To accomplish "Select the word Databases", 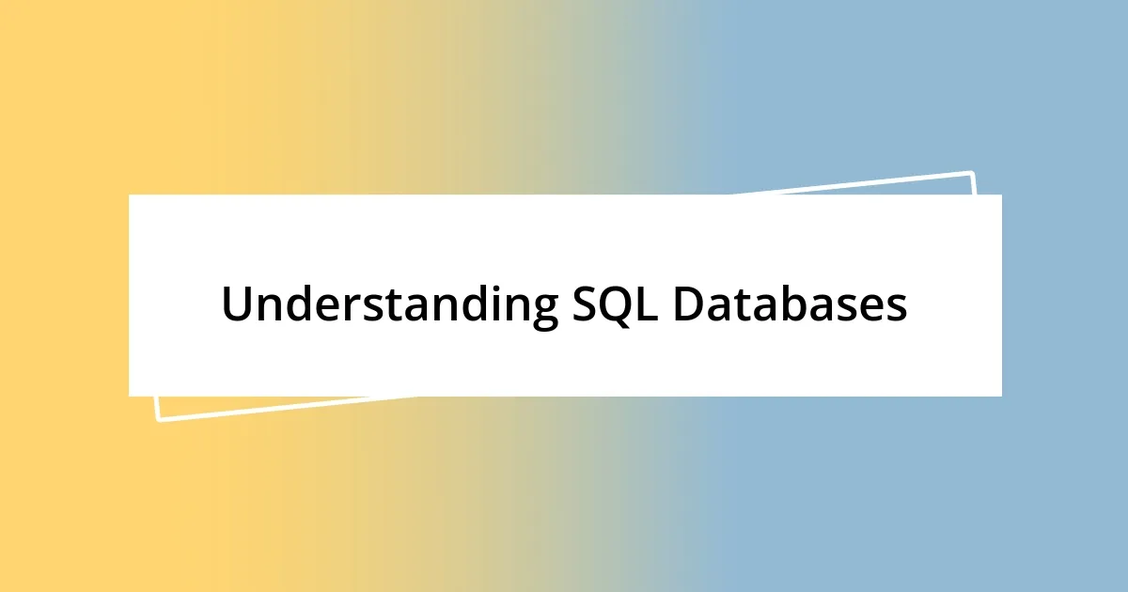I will [791, 305].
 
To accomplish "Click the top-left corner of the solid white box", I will [129, 195].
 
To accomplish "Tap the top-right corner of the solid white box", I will [1001, 195].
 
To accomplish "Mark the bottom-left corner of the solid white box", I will [129, 396].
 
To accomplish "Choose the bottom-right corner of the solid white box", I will [1001, 396].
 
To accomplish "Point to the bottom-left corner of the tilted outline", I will [157, 420].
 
